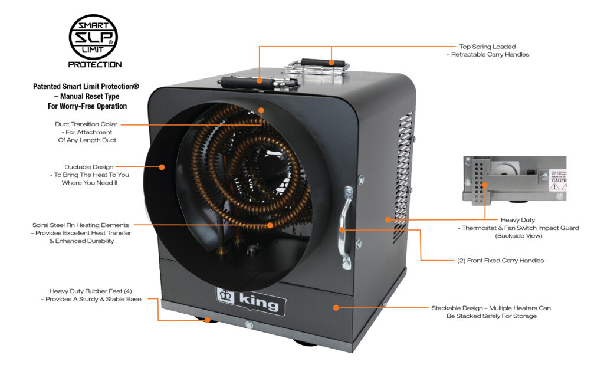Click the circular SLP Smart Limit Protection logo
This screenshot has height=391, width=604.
tap(94, 37)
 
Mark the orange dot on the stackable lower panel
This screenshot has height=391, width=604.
tap(335, 307)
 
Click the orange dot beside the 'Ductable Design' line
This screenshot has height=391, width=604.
tap(162, 167)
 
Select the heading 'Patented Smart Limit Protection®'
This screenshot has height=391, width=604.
tap(87, 87)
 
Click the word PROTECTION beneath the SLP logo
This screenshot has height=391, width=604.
tap(95, 64)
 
